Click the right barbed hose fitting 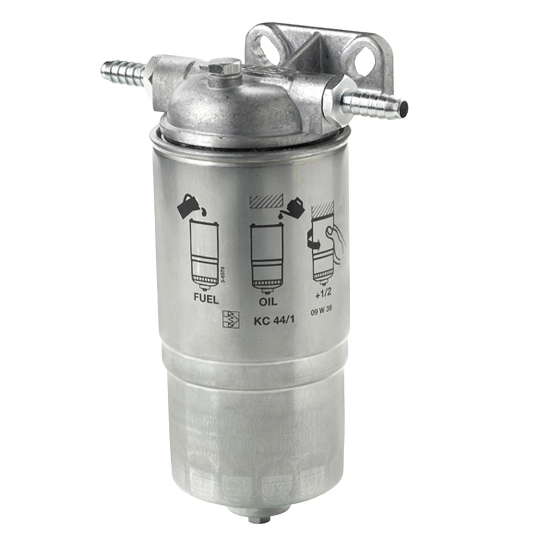[375, 102]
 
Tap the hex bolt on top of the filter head [224, 69]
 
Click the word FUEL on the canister [206, 299]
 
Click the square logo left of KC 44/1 [231, 318]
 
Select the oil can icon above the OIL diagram [294, 206]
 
